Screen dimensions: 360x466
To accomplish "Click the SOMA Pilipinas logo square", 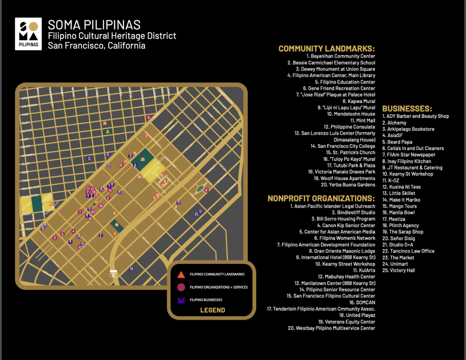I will [28, 34].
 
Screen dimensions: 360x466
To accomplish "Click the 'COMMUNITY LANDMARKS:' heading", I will [327, 48].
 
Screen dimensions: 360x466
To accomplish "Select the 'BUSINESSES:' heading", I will [407, 109].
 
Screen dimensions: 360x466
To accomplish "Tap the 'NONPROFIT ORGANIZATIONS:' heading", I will [321, 198].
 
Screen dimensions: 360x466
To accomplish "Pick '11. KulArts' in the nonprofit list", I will [364, 270].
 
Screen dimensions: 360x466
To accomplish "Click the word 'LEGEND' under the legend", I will [212, 310].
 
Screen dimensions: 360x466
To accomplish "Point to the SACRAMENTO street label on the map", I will [30, 97].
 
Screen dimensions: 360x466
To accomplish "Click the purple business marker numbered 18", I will [131, 269].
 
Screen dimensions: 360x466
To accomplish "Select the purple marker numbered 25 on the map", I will [196, 214].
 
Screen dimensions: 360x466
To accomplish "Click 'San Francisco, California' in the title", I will [96, 46].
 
